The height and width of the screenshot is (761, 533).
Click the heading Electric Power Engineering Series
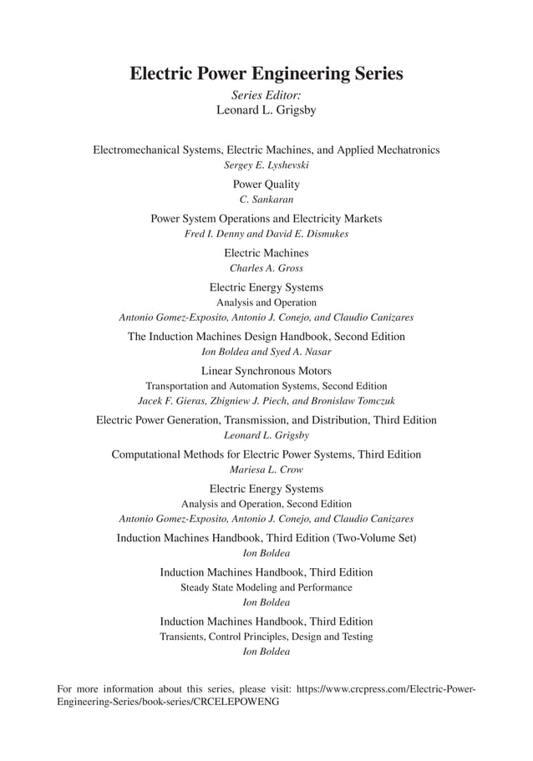pyautogui.click(x=266, y=74)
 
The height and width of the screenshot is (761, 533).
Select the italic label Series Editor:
pyautogui.click(x=266, y=95)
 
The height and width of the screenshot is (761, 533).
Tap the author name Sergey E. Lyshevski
pyautogui.click(x=266, y=165)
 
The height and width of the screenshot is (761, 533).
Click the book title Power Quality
pyautogui.click(x=266, y=184)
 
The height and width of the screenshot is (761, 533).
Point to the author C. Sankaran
pyautogui.click(x=266, y=200)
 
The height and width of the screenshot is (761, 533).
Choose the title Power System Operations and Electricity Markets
pyautogui.click(x=266, y=219)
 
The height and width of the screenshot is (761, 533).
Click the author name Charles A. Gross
pyautogui.click(x=266, y=268)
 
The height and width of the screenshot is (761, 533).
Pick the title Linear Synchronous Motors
pyautogui.click(x=266, y=370)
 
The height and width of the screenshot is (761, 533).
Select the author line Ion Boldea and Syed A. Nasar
pyautogui.click(x=266, y=352)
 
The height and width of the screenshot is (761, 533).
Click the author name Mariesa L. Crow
pyautogui.click(x=266, y=470)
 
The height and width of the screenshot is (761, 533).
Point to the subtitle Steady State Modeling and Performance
pyautogui.click(x=266, y=587)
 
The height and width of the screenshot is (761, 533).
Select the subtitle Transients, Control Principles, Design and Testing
pyautogui.click(x=266, y=637)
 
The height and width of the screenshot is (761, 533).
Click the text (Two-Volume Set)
pyautogui.click(x=374, y=538)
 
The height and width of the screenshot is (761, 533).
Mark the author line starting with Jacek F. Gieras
pyautogui.click(x=266, y=401)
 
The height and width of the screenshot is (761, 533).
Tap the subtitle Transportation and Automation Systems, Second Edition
pyautogui.click(x=266, y=386)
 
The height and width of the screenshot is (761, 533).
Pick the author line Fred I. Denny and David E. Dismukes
pyautogui.click(x=266, y=234)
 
